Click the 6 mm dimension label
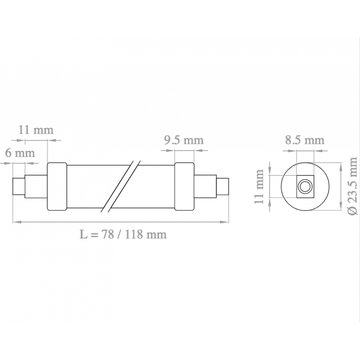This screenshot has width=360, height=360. (x=20, y=153)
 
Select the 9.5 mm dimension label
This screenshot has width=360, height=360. (x=184, y=140)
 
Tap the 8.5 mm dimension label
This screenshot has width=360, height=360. (x=305, y=140)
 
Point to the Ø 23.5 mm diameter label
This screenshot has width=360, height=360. (x=353, y=186)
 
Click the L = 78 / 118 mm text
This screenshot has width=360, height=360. (x=123, y=234)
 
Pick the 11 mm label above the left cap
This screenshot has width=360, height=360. (x=36, y=130)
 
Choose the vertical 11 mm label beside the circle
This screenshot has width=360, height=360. (x=259, y=186)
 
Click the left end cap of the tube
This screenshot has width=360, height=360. (x=57, y=186)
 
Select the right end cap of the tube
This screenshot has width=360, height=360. (x=184, y=186)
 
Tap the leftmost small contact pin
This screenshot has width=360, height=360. (x=19, y=186)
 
